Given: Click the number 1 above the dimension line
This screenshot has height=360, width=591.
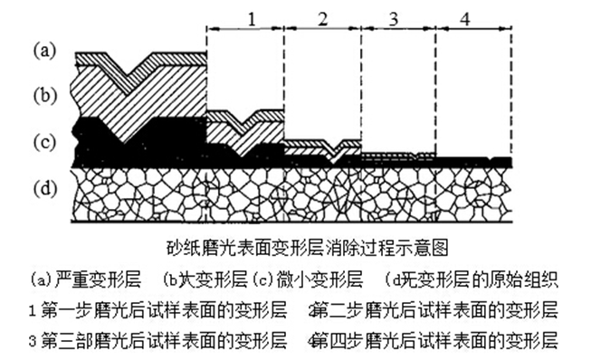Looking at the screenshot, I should point(253,17).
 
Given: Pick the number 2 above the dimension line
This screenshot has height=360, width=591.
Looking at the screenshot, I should point(323,17).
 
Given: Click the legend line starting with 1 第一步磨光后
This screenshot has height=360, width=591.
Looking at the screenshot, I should point(158,309).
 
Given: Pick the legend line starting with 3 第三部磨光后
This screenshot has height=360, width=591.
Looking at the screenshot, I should point(158,342).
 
